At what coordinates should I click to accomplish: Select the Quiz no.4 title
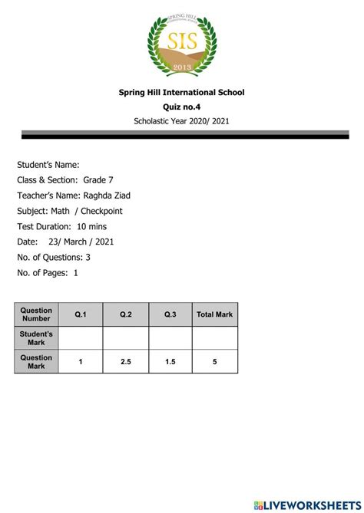[181, 107]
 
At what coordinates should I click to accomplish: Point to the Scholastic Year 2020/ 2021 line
[181, 121]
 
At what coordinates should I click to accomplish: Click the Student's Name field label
[48, 164]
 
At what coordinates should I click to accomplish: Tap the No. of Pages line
[48, 272]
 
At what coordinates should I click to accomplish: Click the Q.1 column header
[81, 314]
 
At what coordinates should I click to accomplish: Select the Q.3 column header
[170, 314]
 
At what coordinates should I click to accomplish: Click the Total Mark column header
[215, 314]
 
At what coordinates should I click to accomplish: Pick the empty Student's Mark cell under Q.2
[126, 338]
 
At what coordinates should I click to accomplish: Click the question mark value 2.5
[126, 362]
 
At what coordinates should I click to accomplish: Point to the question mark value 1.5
[170, 362]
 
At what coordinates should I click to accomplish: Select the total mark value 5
[215, 362]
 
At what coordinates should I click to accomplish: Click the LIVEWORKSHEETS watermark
[306, 505]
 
